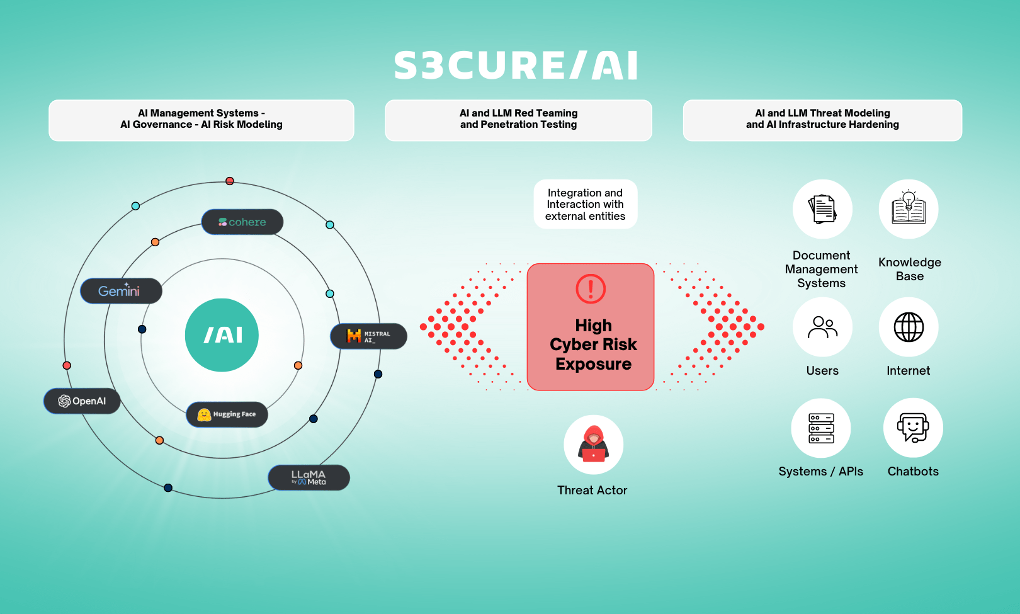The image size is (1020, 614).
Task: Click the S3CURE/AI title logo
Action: tap(516, 65)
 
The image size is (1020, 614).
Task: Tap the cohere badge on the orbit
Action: tap(242, 222)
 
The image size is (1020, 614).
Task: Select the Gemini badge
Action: tap(121, 290)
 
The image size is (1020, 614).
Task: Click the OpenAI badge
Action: tap(82, 401)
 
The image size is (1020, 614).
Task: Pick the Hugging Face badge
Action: tap(227, 414)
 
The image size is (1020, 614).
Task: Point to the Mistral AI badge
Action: tap(368, 336)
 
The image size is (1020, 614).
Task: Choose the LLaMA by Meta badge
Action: tap(309, 477)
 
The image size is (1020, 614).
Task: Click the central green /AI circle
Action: tap(222, 335)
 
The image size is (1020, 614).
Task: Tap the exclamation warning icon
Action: tap(591, 289)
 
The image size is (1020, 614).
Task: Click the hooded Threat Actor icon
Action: tap(593, 445)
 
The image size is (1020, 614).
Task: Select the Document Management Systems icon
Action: tap(822, 209)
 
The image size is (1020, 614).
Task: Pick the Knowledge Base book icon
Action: tap(909, 209)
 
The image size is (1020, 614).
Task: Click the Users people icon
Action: tap(822, 327)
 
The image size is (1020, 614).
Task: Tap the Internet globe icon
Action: tap(909, 327)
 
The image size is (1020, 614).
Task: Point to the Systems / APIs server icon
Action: tap(821, 428)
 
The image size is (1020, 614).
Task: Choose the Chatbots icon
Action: tap(913, 428)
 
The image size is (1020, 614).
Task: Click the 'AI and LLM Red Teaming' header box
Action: tap(519, 120)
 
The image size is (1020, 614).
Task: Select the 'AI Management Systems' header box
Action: tap(201, 120)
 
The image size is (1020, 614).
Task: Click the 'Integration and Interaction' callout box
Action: tap(585, 204)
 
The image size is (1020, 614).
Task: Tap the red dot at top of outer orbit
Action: tap(230, 181)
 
